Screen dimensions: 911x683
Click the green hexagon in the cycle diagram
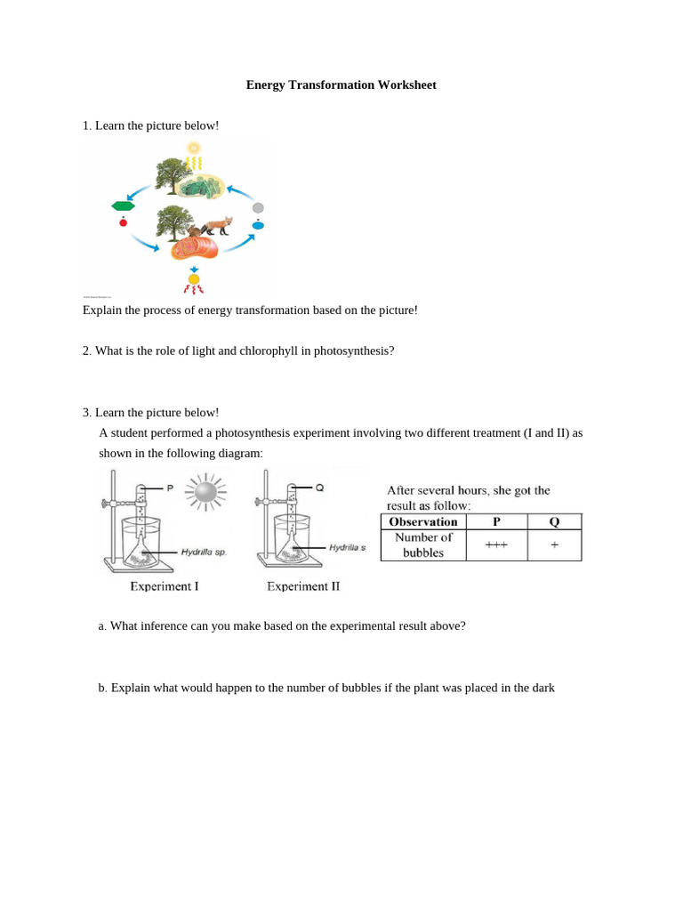click(x=123, y=206)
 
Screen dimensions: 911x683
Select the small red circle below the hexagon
click(x=123, y=222)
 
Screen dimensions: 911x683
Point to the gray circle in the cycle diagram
click(x=258, y=208)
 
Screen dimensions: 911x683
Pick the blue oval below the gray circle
click(x=258, y=225)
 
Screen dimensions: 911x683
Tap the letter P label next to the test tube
click(x=169, y=488)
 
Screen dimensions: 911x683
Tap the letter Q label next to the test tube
click(x=319, y=488)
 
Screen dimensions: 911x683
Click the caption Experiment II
click(x=303, y=586)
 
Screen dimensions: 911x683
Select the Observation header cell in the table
click(x=423, y=522)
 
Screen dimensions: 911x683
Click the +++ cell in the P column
click(x=495, y=544)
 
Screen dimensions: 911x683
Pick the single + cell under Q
click(x=554, y=544)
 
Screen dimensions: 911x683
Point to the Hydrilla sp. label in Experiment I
click(x=204, y=552)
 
